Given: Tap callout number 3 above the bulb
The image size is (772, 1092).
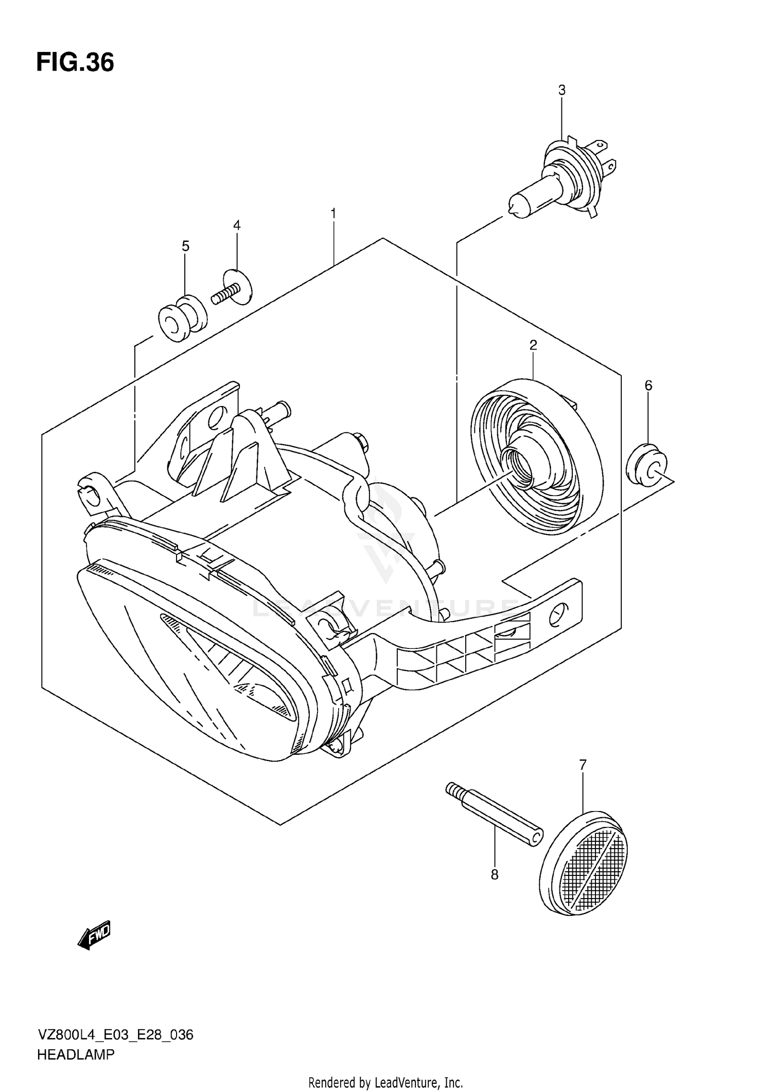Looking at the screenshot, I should (562, 91).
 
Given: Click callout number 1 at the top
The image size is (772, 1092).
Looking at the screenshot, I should (334, 213).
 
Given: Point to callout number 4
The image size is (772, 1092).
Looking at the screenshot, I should (237, 225).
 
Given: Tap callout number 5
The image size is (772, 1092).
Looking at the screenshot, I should (185, 246).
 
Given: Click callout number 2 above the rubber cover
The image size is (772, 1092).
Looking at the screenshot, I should (533, 345).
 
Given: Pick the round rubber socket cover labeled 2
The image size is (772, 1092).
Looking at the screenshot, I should (536, 457).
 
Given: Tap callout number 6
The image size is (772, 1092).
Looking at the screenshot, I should (648, 385).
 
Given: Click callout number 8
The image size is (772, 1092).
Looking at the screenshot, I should (495, 875).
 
